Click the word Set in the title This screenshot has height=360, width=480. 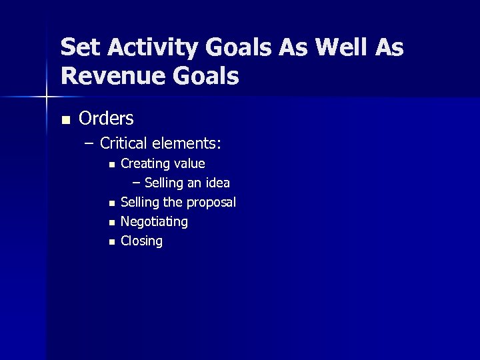point(79,47)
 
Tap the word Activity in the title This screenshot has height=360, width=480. point(147,47)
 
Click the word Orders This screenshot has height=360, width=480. point(106,119)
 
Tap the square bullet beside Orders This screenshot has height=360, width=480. point(65,120)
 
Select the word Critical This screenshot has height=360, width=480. point(125,143)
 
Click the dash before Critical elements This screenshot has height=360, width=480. point(90,143)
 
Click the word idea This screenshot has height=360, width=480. point(218,183)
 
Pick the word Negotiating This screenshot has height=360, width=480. point(154,221)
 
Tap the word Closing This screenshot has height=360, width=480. point(141,241)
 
